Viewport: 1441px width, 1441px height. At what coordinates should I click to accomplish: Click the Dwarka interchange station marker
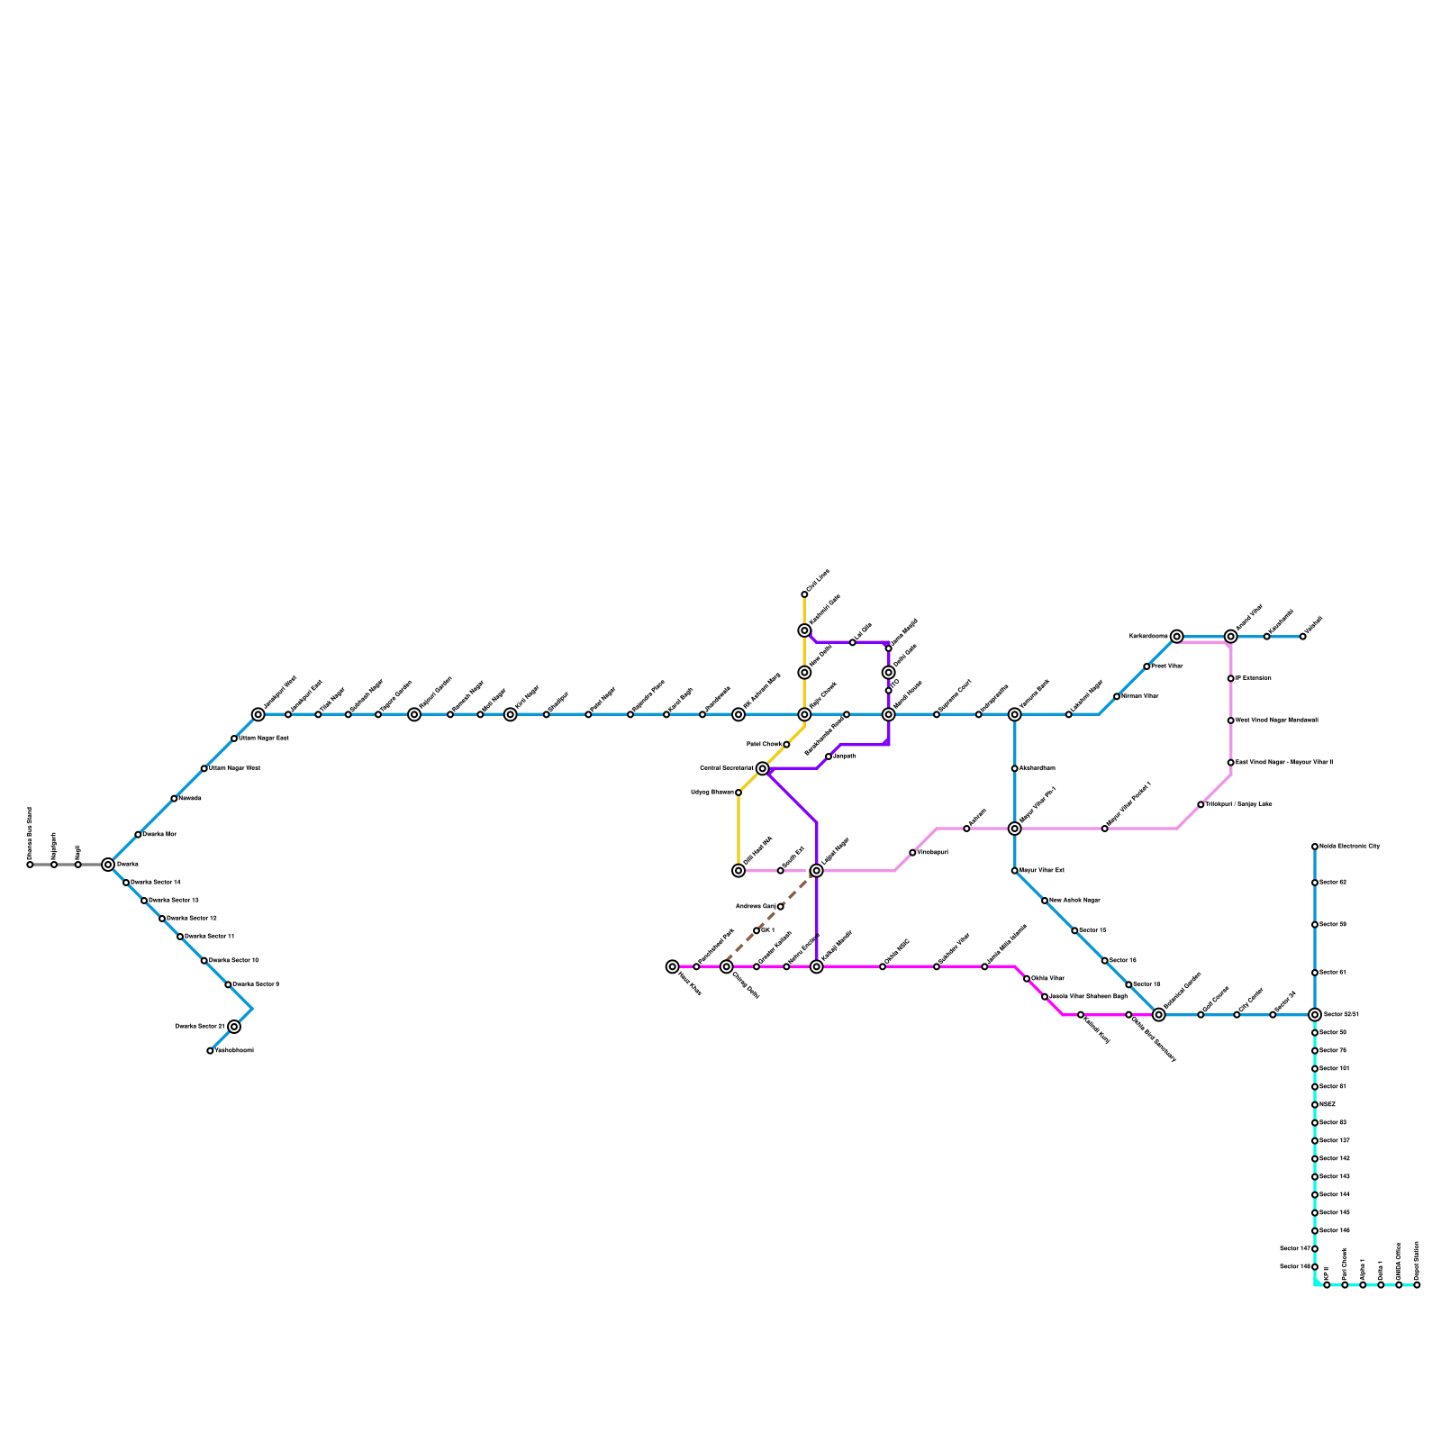tap(108, 865)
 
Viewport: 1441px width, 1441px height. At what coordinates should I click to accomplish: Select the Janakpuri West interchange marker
tap(258, 714)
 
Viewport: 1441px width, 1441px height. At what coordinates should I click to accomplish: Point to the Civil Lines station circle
tap(804, 594)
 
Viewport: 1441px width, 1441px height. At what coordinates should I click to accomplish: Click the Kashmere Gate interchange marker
tap(804, 630)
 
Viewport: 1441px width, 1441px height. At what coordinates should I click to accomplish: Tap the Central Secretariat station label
tap(726, 768)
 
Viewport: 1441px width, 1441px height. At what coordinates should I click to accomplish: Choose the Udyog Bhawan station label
tap(711, 793)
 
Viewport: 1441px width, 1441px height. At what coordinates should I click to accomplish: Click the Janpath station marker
tap(829, 757)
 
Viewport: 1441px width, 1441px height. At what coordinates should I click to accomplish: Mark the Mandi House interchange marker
tap(889, 714)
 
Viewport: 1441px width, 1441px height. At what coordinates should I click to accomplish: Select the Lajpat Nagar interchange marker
tap(817, 871)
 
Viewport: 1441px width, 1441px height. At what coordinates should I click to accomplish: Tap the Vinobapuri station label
tap(932, 852)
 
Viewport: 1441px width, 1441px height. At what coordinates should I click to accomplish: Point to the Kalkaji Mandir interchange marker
tap(817, 966)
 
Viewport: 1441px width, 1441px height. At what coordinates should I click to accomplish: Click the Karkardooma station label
tap(1148, 637)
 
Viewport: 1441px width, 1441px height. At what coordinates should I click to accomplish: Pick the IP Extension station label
tap(1253, 678)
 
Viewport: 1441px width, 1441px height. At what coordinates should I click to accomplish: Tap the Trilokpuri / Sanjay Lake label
tap(1238, 804)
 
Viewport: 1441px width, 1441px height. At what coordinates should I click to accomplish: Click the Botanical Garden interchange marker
tap(1159, 1015)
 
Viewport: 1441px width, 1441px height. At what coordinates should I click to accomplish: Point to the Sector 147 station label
tap(1294, 1248)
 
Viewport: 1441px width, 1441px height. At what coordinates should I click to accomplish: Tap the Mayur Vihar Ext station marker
tap(1015, 871)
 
